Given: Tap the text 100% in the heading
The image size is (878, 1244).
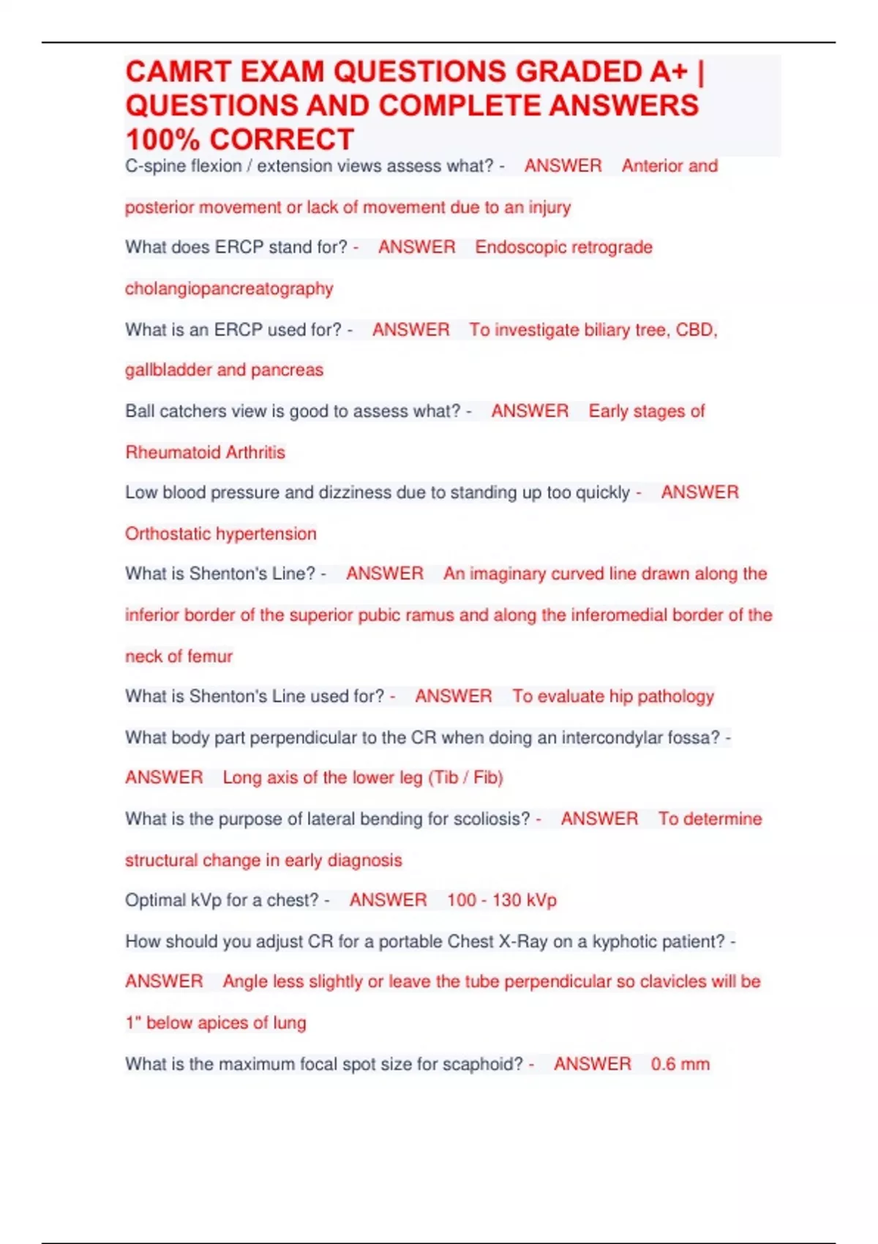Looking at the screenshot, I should point(162,139).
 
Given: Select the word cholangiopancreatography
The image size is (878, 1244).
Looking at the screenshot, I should point(229,288).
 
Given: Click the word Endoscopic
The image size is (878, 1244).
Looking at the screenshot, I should point(519,247).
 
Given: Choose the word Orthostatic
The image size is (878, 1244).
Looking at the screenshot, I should point(168,533).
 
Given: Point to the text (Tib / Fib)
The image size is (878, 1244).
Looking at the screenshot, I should point(466,777).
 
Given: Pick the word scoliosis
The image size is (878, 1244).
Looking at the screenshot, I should point(491,819).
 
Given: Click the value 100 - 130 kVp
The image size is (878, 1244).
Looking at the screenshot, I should point(502,900).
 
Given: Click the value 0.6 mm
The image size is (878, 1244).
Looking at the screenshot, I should point(680,1064).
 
